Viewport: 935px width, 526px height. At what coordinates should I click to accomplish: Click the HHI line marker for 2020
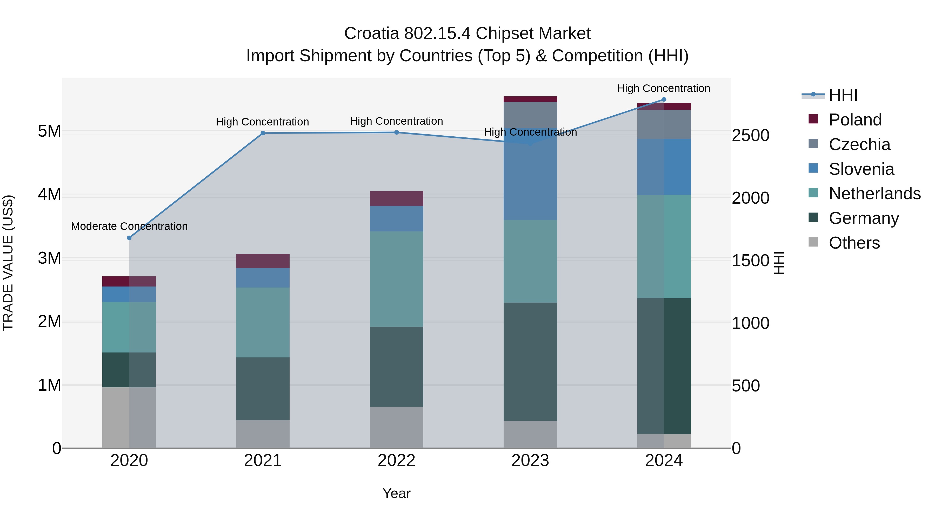(x=129, y=238)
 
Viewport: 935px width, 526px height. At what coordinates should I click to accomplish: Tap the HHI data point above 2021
(x=263, y=133)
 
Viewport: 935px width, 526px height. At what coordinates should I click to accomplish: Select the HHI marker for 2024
(x=664, y=99)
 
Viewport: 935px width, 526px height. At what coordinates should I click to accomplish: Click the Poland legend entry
(x=855, y=120)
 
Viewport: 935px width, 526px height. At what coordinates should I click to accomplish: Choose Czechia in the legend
(x=859, y=144)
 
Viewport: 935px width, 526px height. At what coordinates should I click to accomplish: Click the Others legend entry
(x=854, y=243)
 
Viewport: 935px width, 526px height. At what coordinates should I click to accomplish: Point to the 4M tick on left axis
(x=49, y=195)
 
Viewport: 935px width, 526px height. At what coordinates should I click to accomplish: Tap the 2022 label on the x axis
(x=396, y=461)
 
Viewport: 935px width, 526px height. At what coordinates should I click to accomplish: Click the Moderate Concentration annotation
(x=129, y=226)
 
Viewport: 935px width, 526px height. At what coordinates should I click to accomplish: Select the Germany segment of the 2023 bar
(x=530, y=362)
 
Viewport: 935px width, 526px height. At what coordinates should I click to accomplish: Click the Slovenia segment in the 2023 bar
(x=530, y=182)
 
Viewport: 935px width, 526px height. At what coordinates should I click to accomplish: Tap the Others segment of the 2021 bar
(x=263, y=434)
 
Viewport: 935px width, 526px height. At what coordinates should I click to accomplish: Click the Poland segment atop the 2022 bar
(x=396, y=198)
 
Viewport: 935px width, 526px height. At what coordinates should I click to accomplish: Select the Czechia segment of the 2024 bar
(x=664, y=124)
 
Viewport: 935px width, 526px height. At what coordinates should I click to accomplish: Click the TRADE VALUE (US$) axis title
(x=8, y=263)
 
